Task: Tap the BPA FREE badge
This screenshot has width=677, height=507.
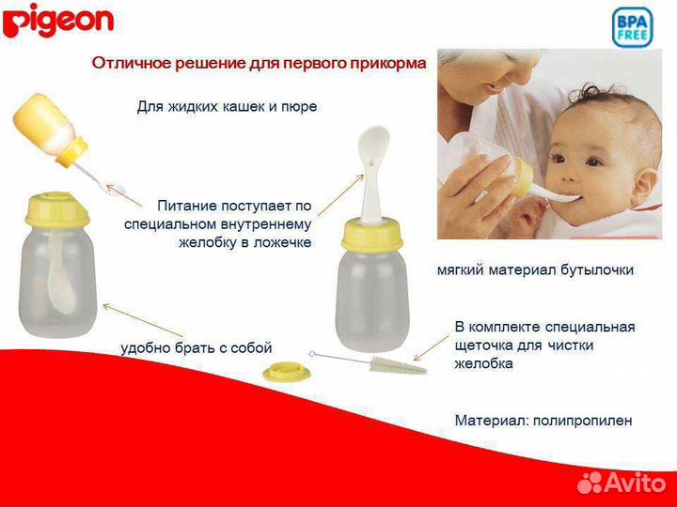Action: pyautogui.click(x=632, y=28)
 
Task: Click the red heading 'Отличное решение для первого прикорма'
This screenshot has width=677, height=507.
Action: pyautogui.click(x=259, y=64)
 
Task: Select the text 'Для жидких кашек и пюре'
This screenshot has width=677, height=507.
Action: pyautogui.click(x=227, y=107)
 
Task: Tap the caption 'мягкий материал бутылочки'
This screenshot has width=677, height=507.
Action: pyautogui.click(x=535, y=269)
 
